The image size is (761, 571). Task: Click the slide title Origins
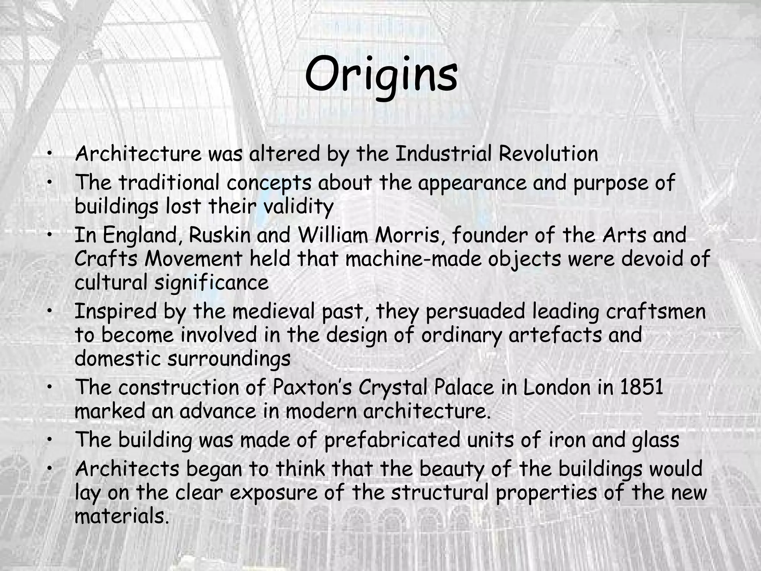pos(381,74)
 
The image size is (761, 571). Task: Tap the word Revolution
pos(548,154)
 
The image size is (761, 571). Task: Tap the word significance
pos(211,283)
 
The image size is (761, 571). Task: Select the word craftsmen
pos(656,311)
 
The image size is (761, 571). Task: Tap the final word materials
pos(120,516)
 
